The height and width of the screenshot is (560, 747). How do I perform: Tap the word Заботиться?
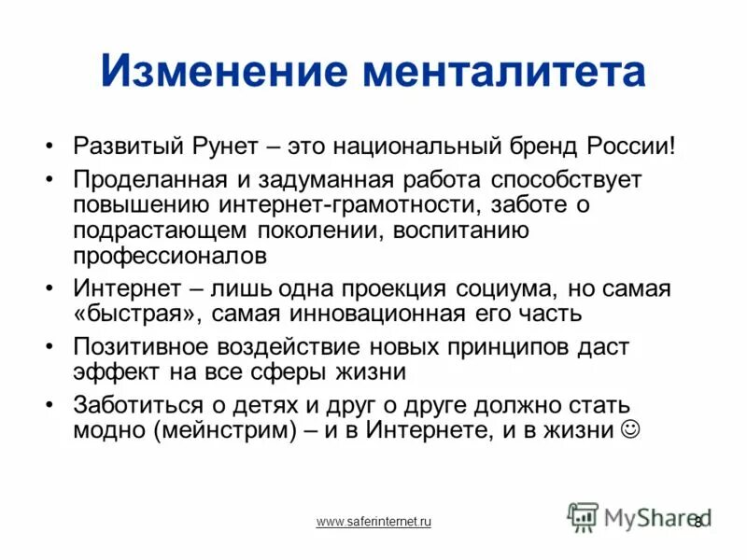tap(134, 405)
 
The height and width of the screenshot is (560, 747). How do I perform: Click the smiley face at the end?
tap(630, 429)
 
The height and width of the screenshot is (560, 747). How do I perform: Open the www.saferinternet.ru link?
tap(373, 522)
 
